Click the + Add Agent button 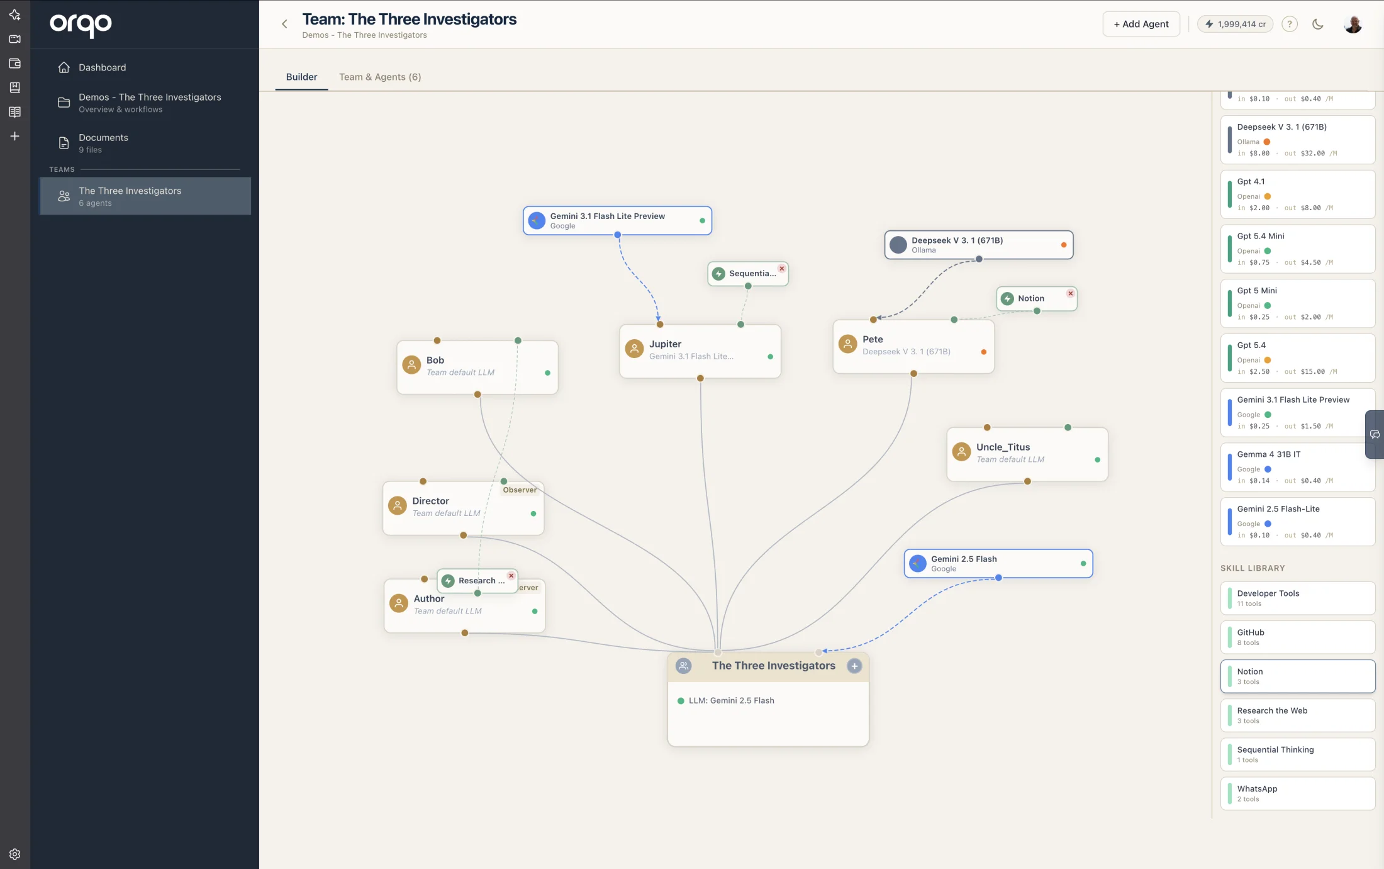pyautogui.click(x=1141, y=24)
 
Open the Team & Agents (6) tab pyautogui.click(x=380, y=77)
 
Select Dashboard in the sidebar pyautogui.click(x=102, y=67)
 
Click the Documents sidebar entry pyautogui.click(x=103, y=143)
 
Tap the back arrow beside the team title pyautogui.click(x=284, y=24)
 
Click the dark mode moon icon pyautogui.click(x=1318, y=24)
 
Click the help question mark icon pyautogui.click(x=1290, y=24)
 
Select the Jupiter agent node pyautogui.click(x=700, y=351)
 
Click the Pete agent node pyautogui.click(x=913, y=347)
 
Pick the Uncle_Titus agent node pyautogui.click(x=1027, y=454)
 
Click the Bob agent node pyautogui.click(x=477, y=367)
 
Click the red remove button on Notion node pyautogui.click(x=1070, y=293)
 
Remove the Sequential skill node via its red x pyautogui.click(x=781, y=268)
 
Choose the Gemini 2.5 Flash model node pyautogui.click(x=998, y=563)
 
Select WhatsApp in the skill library pyautogui.click(x=1298, y=793)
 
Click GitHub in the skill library pyautogui.click(x=1298, y=637)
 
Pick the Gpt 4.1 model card pyautogui.click(x=1298, y=194)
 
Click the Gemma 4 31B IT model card pyautogui.click(x=1298, y=467)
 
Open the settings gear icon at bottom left pyautogui.click(x=15, y=854)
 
